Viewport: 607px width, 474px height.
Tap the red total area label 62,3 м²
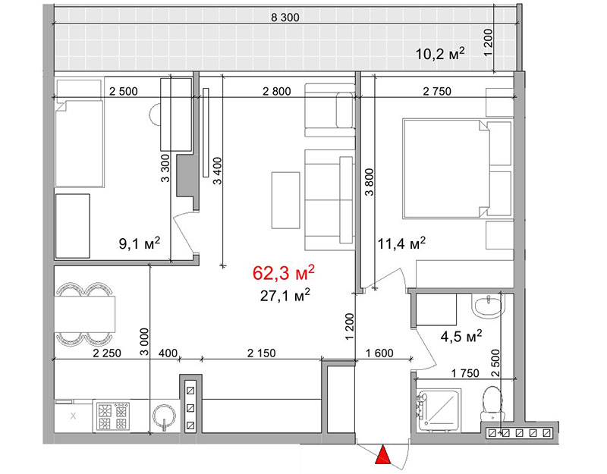[x=283, y=273]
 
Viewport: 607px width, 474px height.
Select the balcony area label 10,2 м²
[x=440, y=53]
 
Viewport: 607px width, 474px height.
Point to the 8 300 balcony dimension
[x=285, y=17]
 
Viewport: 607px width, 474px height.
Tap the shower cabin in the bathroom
[x=439, y=410]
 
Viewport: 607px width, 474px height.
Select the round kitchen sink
[x=165, y=417]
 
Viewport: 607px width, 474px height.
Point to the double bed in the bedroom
[x=446, y=168]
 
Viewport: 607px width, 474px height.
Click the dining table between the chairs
[x=84, y=314]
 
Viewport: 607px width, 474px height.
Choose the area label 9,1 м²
[x=140, y=243]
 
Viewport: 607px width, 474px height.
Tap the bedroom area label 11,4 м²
[x=402, y=243]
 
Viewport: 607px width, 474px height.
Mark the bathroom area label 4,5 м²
[x=461, y=336]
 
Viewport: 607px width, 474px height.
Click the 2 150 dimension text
[x=261, y=353]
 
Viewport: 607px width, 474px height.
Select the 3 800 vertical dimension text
[x=370, y=182]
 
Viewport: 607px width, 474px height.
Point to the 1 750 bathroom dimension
[x=465, y=373]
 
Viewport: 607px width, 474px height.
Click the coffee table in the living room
[x=286, y=200]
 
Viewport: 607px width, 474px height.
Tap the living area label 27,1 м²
[x=285, y=296]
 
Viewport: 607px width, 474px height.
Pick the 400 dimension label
[x=168, y=353]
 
